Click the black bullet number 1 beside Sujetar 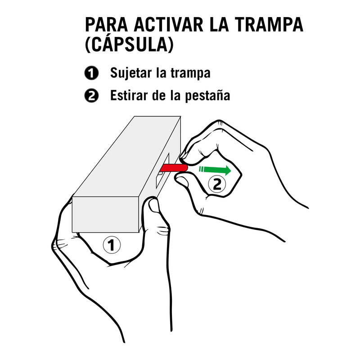pyautogui.click(x=91, y=73)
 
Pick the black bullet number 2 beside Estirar pyautogui.click(x=91, y=95)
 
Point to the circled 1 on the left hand pyautogui.click(x=112, y=245)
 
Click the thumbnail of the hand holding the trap pyautogui.click(x=154, y=206)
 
